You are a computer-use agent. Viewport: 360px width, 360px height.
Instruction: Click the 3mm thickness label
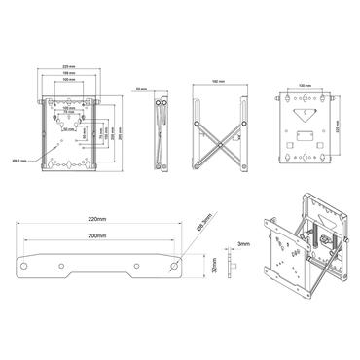point(243,244)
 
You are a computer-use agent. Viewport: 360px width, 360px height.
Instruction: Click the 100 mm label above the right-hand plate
point(306,86)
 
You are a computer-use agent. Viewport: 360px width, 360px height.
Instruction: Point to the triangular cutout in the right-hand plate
point(306,153)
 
